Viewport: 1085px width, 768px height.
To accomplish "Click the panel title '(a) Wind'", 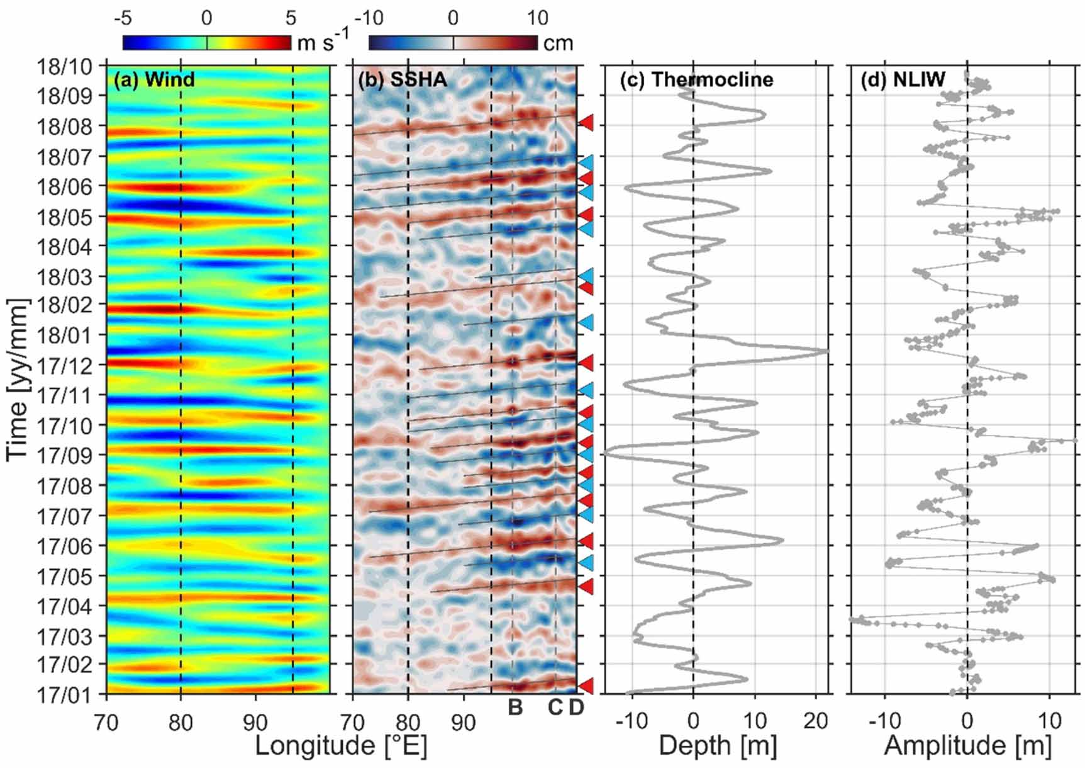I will point(154,80).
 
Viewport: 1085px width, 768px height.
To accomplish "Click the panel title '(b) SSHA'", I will point(403,80).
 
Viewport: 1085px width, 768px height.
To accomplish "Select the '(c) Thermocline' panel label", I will point(696,80).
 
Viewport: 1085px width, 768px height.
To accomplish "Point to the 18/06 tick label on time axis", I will point(64,187).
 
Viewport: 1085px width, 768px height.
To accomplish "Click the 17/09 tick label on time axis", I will point(64,455).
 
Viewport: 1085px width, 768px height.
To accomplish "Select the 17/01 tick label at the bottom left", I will point(64,696).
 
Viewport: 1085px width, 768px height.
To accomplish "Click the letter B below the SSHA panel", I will point(515,708).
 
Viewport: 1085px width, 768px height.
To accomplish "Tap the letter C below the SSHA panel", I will point(555,708).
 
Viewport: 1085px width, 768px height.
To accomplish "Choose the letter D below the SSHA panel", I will point(576,708).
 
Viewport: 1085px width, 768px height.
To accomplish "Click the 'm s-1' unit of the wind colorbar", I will point(323,42).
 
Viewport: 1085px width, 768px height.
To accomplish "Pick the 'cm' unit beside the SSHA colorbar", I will point(558,43).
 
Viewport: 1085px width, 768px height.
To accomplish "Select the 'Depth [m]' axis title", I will point(718,746).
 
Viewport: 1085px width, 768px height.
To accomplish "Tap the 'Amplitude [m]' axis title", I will point(967,746).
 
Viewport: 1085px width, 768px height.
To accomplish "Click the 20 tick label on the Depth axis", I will point(815,721).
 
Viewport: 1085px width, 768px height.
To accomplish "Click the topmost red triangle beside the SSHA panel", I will point(586,122).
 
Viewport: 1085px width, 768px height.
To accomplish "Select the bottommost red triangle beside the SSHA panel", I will point(586,686).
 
